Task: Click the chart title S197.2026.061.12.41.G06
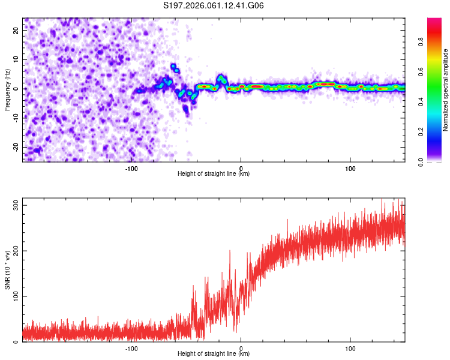click(x=214, y=6)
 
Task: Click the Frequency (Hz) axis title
click(x=7, y=89)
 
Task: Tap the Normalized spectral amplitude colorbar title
click(x=446, y=90)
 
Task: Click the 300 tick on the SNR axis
click(x=14, y=205)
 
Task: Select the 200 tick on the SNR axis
click(x=14, y=251)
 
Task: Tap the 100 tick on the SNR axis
click(x=14, y=296)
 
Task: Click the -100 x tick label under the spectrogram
click(x=131, y=167)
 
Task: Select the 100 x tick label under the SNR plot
click(x=350, y=347)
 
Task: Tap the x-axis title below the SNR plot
click(x=214, y=354)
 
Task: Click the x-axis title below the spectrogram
click(x=214, y=174)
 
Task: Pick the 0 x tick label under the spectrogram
click(x=241, y=167)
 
